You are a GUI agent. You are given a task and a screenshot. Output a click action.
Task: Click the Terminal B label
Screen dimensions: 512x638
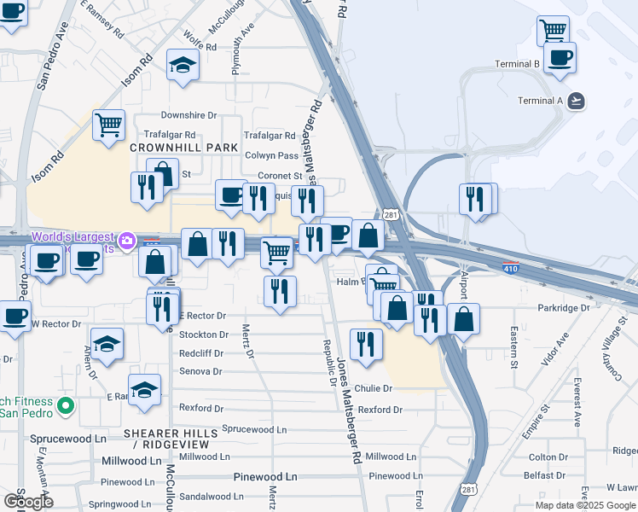[x=519, y=64]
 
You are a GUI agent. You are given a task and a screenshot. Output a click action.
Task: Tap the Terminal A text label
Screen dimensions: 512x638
[x=541, y=101]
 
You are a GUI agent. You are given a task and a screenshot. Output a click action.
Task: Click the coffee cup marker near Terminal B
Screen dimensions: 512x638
[x=560, y=58]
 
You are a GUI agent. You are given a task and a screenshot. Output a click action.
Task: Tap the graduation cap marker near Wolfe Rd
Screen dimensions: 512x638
[x=183, y=66]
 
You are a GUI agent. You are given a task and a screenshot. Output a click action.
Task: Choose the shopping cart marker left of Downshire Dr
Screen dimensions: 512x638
[x=109, y=125]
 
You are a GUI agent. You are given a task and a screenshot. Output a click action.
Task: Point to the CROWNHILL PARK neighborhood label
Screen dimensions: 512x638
[x=171, y=148]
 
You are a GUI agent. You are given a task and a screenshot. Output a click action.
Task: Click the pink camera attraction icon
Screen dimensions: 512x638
[x=127, y=241]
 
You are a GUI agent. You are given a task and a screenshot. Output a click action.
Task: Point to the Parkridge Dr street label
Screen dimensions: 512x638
[x=564, y=307]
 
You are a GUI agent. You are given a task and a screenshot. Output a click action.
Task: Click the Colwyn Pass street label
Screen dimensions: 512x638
[x=271, y=155]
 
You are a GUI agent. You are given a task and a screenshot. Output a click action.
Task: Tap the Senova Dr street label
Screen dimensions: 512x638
[x=200, y=371]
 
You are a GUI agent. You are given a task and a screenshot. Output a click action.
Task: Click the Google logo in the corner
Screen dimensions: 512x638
[x=27, y=502]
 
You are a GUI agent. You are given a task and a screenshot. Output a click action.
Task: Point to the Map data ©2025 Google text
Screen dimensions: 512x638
[x=584, y=505]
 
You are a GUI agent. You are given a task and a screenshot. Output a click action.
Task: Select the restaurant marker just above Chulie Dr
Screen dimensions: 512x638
[x=366, y=345]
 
